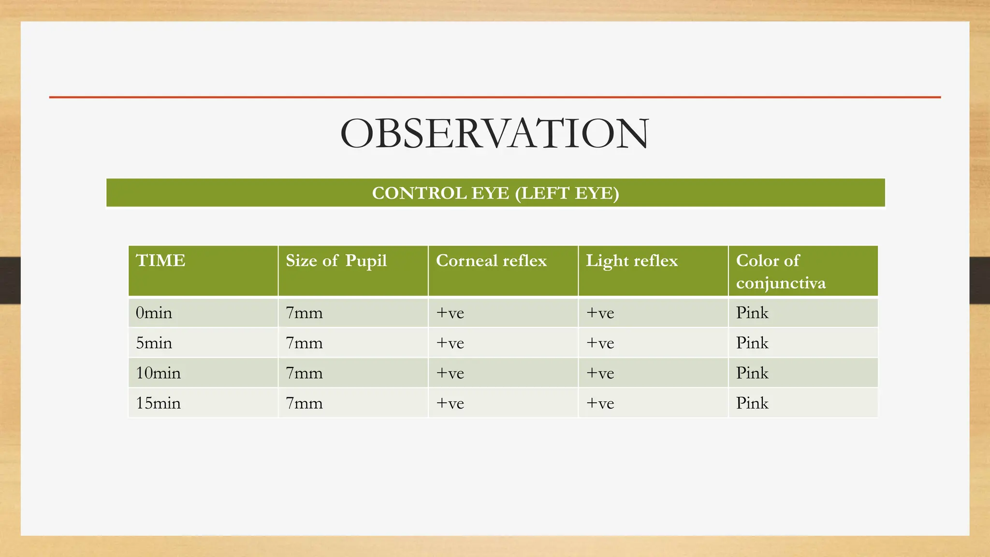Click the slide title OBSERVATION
pos(495,133)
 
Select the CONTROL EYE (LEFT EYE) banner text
pos(495,193)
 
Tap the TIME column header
pos(160,261)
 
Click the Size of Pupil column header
pos(336,261)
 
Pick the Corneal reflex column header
pos(491,261)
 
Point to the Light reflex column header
pos(632,261)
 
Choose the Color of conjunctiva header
pos(781,271)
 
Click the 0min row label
pos(154,313)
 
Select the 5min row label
pos(154,343)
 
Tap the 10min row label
pos(158,373)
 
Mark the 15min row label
pos(158,403)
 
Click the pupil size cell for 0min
pos(304,313)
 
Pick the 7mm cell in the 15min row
pos(304,403)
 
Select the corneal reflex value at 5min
pos(450,343)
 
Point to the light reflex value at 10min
pos(600,373)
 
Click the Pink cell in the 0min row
pos(752,313)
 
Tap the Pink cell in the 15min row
pos(752,403)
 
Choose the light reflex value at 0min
pos(600,313)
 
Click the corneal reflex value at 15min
pos(450,403)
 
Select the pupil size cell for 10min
pos(304,373)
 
